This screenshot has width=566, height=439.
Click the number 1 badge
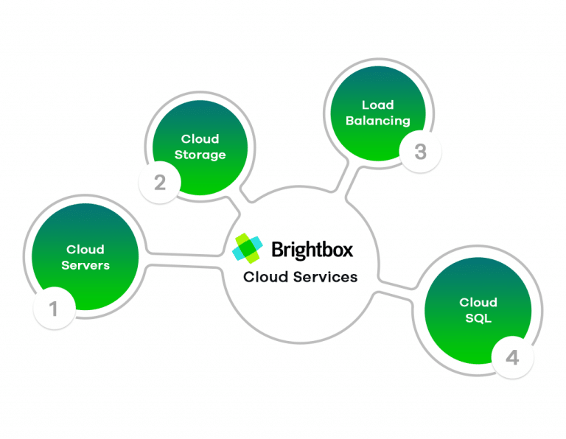[x=54, y=309]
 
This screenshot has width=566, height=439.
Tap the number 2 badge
[x=160, y=181]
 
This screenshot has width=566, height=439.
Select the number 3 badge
[x=420, y=152]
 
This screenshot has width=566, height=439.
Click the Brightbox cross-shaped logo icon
[x=248, y=248]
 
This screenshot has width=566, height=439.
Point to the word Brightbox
[x=312, y=249]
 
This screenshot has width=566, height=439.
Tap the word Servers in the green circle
[x=85, y=265]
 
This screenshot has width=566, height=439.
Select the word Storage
[x=200, y=155]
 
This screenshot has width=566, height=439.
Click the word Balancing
[x=377, y=121]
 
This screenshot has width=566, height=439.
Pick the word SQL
[x=478, y=318]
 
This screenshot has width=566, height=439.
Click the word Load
[x=377, y=105]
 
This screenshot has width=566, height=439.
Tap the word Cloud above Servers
[x=85, y=249]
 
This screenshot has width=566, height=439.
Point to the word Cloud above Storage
[x=200, y=138]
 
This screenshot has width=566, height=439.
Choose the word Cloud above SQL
[x=478, y=302]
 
